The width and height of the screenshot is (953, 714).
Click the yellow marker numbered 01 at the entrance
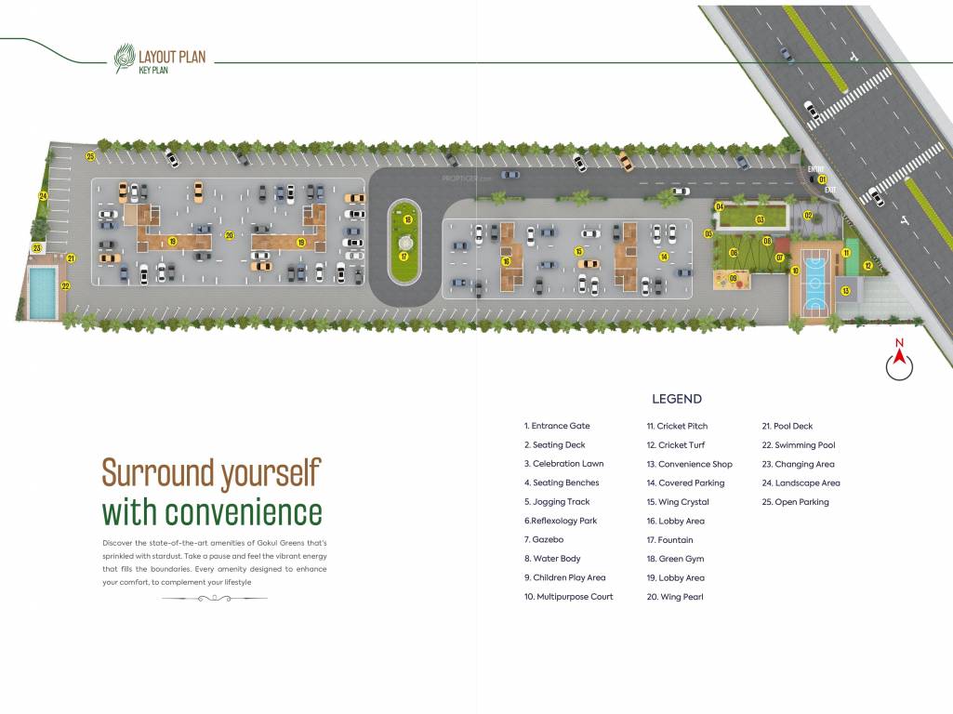click(822, 178)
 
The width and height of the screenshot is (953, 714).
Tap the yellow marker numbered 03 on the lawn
click(760, 219)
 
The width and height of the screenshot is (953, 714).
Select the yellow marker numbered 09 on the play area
click(733, 278)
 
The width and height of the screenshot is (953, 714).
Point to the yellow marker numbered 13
click(845, 291)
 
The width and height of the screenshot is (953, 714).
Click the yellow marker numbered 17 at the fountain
click(404, 256)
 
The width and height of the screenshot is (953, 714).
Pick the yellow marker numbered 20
click(229, 235)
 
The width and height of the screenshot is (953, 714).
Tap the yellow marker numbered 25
click(90, 155)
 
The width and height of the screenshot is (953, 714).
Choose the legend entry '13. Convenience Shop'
click(689, 464)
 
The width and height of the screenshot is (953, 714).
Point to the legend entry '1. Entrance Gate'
click(557, 426)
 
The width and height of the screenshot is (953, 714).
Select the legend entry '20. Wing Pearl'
click(675, 597)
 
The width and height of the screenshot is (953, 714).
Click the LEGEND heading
click(676, 399)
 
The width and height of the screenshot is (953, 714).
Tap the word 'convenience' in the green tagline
click(212, 512)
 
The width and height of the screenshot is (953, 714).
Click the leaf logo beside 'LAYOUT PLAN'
click(124, 59)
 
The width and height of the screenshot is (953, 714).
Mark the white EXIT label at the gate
click(829, 189)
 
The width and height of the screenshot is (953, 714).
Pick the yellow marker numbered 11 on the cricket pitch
click(846, 252)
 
